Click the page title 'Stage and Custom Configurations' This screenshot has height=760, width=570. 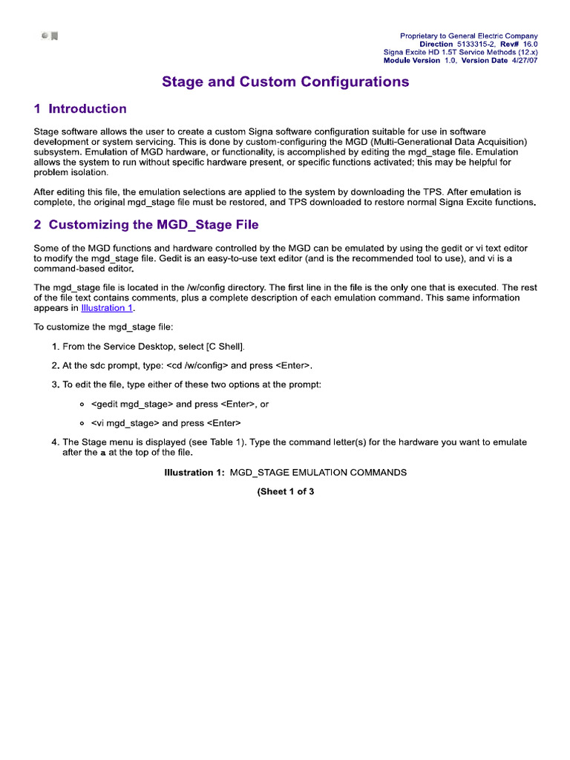[285, 82]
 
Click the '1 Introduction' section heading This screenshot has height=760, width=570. [80, 109]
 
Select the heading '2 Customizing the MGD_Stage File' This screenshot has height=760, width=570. [146, 224]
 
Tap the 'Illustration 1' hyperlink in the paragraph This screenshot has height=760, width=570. [107, 308]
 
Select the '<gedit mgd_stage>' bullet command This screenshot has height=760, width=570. [132, 404]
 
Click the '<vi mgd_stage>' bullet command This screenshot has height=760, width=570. [125, 423]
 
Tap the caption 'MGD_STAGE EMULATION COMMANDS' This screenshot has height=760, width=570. [318, 473]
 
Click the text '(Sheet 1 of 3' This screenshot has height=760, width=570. [286, 491]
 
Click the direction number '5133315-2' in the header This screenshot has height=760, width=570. [477, 45]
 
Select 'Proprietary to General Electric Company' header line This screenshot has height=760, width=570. [468, 36]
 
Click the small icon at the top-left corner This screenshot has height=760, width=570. [50, 36]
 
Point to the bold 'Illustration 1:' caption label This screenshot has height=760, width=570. [194, 473]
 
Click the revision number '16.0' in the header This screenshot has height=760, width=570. [530, 45]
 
